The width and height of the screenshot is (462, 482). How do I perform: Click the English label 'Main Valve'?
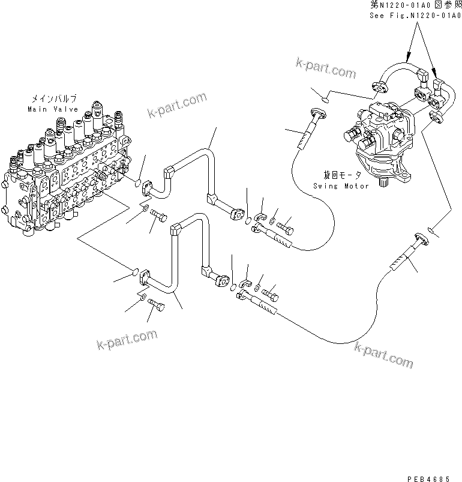coord(53,109)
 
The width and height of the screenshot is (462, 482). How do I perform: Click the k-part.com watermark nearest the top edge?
coord(326,68)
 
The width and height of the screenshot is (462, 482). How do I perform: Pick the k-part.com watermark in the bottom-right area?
coord(384,354)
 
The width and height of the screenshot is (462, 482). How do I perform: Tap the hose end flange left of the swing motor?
coord(317,114)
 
